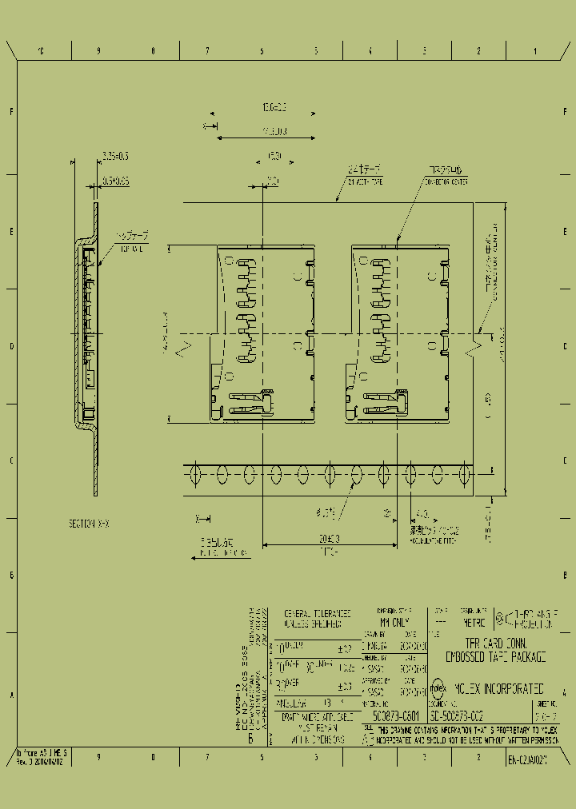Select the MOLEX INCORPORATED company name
[x=499, y=687]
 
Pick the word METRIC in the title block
[x=473, y=618]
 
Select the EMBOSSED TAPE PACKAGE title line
[x=495, y=656]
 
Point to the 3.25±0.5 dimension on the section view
[x=115, y=155]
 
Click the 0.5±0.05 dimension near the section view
[x=115, y=181]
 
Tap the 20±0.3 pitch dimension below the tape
[x=327, y=538]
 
